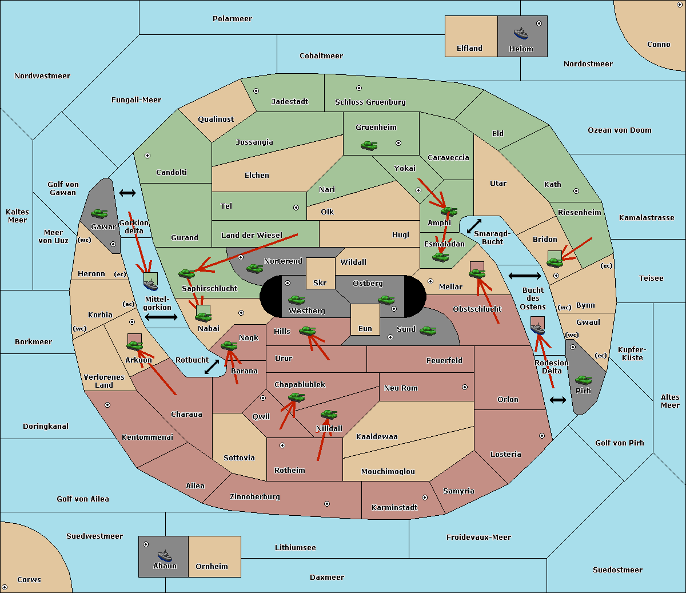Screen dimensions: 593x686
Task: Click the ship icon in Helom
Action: (521, 33)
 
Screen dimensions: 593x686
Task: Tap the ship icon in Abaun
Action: (165, 555)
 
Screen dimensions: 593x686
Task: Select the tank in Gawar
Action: (99, 213)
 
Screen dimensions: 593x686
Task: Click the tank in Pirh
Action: (583, 380)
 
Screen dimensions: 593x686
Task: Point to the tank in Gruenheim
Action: (369, 146)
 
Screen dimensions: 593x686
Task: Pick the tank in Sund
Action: (428, 331)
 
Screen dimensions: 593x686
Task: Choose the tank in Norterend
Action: (254, 268)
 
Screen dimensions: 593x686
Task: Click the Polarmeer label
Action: (232, 19)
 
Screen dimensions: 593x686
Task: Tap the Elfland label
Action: (469, 49)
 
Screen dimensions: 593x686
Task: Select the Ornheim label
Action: (212, 567)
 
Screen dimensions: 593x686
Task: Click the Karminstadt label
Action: (394, 508)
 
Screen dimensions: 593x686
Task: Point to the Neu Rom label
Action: (401, 388)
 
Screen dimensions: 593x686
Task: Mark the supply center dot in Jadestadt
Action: (256, 90)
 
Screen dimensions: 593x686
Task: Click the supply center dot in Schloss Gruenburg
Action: (359, 88)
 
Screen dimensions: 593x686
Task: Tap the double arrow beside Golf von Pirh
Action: (557, 400)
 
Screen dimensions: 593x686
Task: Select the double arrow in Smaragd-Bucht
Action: (474, 226)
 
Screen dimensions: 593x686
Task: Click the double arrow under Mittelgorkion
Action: (161, 317)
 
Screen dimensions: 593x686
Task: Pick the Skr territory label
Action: (320, 283)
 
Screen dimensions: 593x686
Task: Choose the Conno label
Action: (659, 45)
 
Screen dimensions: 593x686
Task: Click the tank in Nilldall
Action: (329, 414)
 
